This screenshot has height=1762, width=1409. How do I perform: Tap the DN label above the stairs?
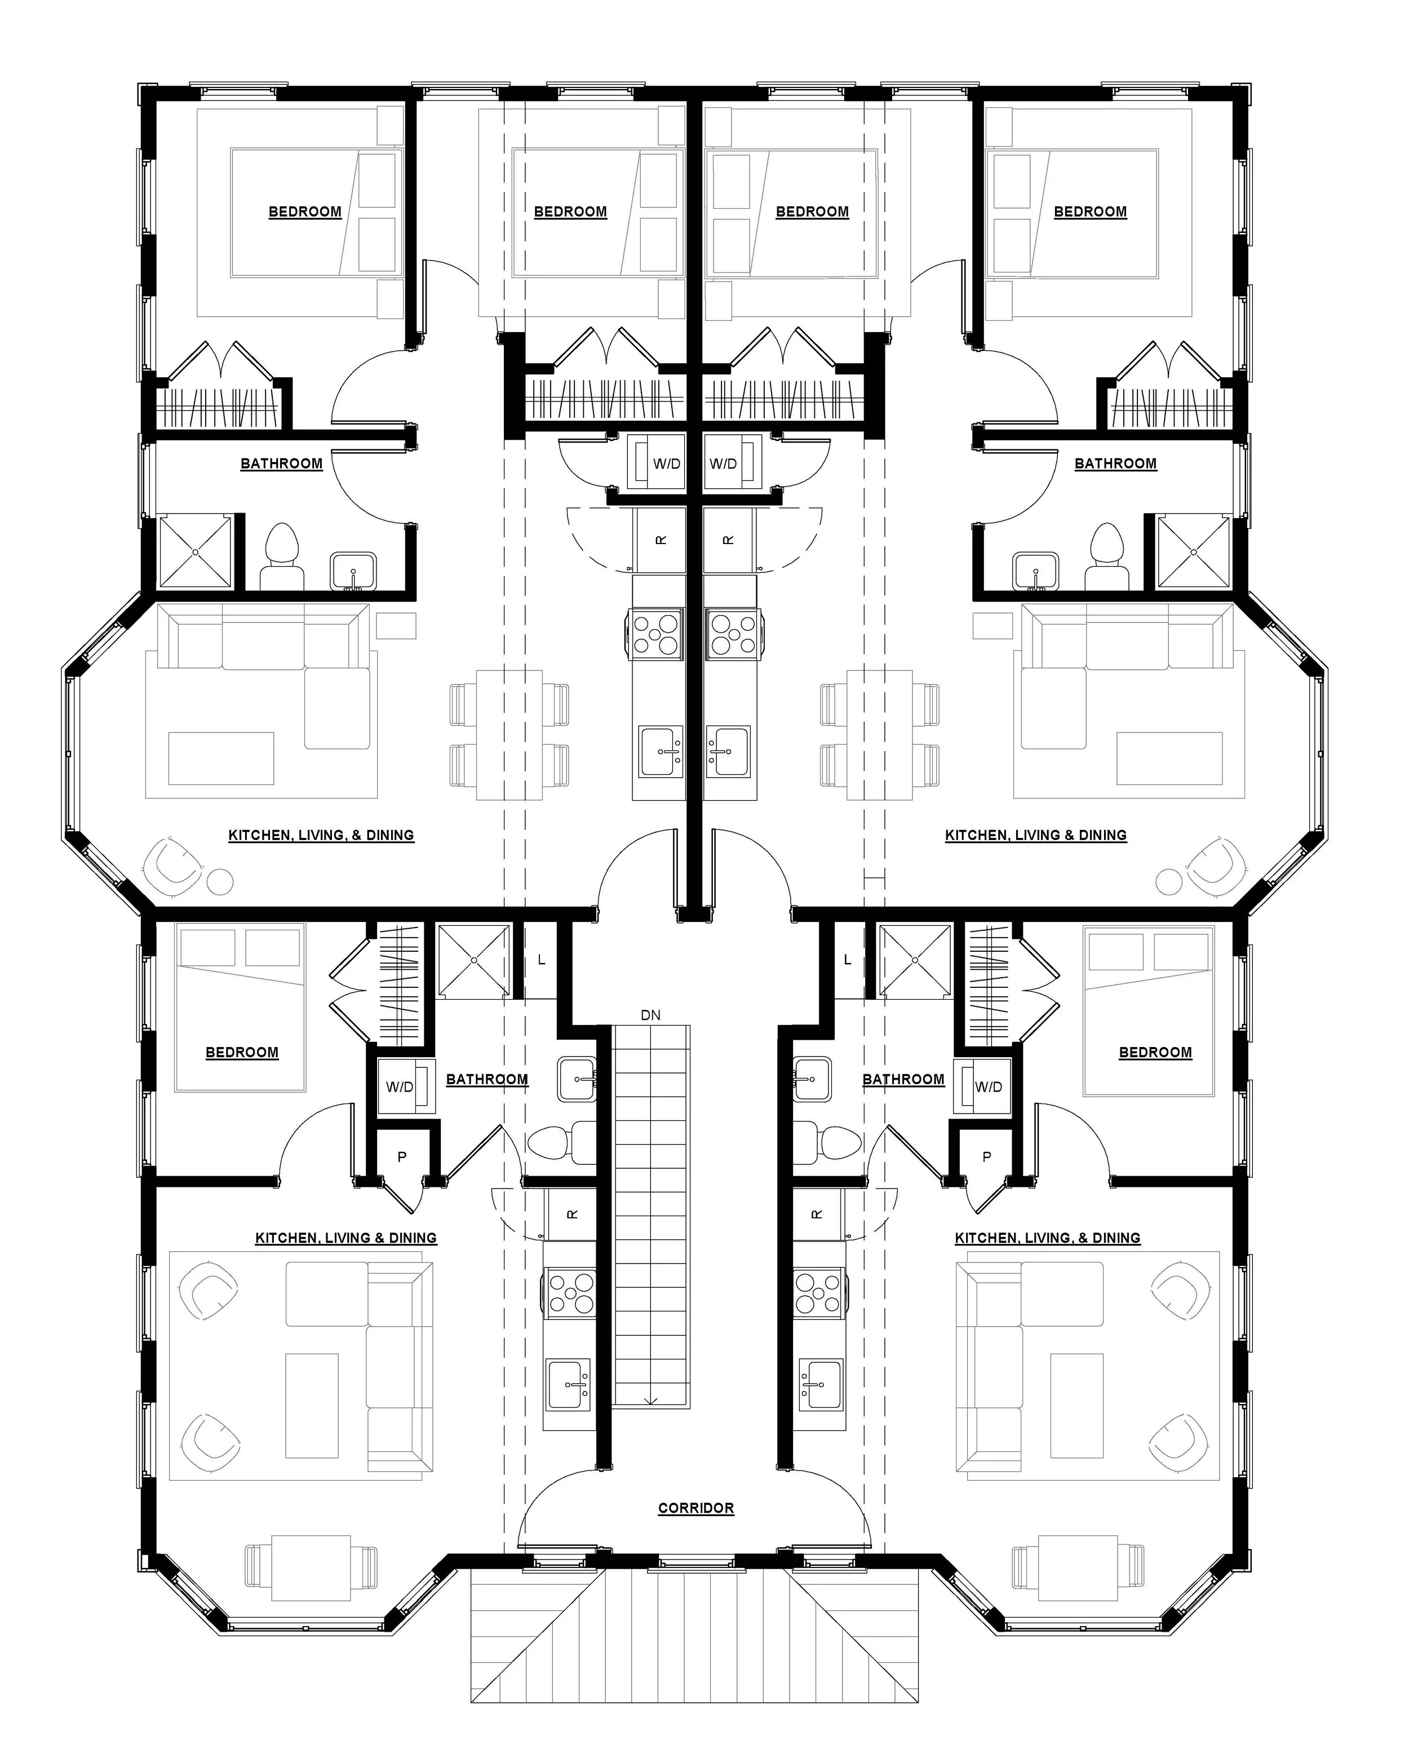[650, 1015]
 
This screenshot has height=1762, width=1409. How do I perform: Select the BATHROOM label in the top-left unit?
[281, 463]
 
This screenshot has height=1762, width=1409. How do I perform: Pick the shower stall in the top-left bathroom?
[195, 551]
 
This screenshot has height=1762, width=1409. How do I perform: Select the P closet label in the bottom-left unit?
[402, 1156]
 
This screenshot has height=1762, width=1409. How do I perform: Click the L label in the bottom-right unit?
[847, 960]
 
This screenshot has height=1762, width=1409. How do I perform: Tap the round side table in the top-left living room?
[220, 881]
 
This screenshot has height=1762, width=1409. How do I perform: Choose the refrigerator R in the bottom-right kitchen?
[817, 1215]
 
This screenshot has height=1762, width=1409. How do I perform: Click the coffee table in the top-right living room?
[1169, 758]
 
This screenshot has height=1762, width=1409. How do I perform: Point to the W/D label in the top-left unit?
[667, 463]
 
